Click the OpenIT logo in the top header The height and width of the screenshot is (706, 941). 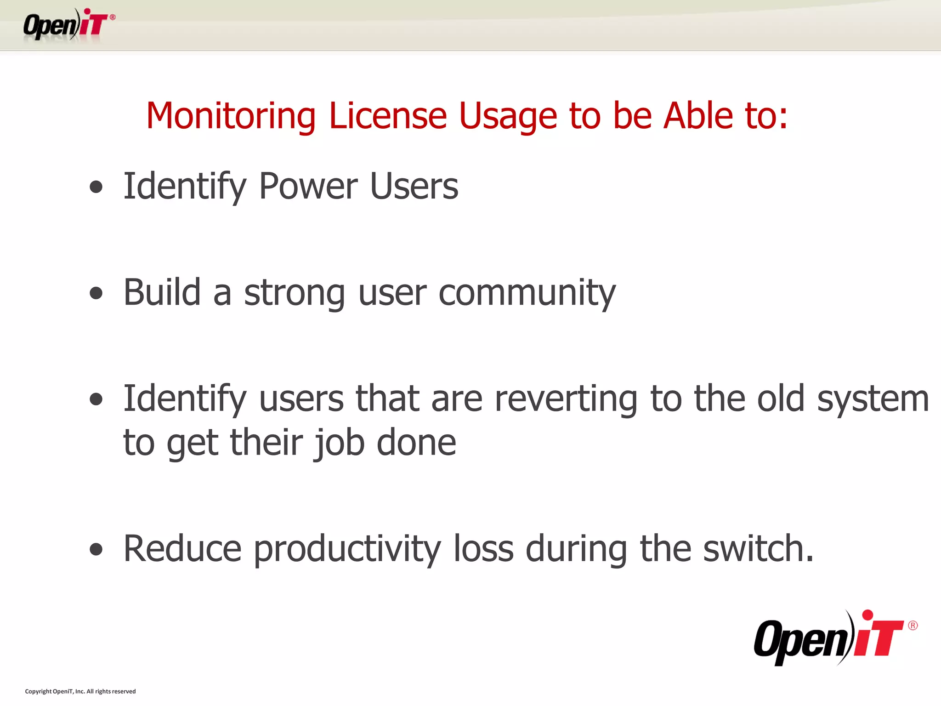click(x=69, y=25)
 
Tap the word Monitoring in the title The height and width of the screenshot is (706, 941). click(x=231, y=116)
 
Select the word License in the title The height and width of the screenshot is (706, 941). click(x=388, y=116)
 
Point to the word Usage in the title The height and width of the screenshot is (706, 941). click(x=508, y=117)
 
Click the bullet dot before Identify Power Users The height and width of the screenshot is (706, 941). click(x=96, y=187)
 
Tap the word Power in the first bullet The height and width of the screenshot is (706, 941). click(x=308, y=186)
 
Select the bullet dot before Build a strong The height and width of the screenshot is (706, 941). click(x=96, y=293)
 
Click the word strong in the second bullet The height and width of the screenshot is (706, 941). click(x=295, y=293)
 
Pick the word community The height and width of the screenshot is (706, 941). click(x=527, y=293)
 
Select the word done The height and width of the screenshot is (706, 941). click(x=416, y=442)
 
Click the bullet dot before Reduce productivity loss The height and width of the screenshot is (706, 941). click(x=96, y=549)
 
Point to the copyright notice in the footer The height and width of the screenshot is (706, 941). click(x=80, y=691)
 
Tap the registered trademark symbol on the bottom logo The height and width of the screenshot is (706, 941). click(x=913, y=626)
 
